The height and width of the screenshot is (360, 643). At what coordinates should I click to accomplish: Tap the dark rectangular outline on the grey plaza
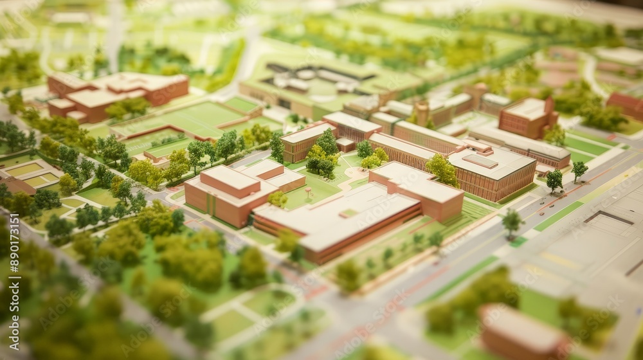click(608, 218)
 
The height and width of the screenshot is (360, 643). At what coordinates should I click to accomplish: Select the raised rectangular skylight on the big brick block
click(480, 161)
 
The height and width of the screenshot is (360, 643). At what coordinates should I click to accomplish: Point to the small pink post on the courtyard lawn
click(309, 192)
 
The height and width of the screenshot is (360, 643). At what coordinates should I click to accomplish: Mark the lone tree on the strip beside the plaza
click(512, 222)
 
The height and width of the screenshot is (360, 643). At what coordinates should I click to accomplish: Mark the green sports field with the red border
click(193, 119)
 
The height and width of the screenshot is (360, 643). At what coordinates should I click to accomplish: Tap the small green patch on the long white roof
click(349, 213)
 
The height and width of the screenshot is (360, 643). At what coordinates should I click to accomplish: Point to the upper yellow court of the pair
click(24, 170)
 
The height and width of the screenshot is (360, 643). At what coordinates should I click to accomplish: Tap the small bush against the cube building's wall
click(278, 199)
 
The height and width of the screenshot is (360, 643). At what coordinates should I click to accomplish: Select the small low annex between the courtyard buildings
click(345, 144)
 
